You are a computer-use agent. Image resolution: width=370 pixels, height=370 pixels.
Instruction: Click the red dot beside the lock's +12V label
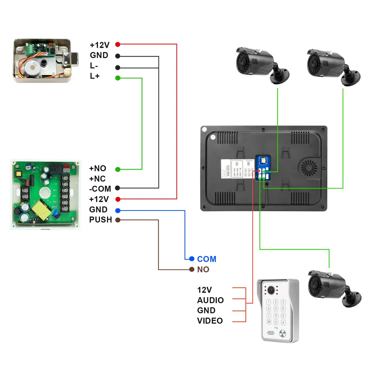click(118, 44)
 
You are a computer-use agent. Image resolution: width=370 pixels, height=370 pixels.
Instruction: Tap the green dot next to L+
click(118, 78)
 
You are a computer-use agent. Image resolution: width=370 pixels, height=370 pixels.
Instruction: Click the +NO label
click(98, 169)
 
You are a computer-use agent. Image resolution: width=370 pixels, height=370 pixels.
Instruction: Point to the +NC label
click(98, 179)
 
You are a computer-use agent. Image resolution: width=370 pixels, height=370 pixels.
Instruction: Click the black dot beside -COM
click(118, 188)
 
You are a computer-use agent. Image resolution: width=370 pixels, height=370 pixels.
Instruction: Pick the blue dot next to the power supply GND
click(118, 211)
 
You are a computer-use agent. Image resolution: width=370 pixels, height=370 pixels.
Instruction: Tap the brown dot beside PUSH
click(118, 220)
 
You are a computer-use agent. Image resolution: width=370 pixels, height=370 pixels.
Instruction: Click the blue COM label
click(206, 259)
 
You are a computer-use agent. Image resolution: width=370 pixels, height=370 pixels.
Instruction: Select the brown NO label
click(203, 269)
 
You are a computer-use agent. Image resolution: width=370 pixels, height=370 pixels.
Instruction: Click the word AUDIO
click(210, 300)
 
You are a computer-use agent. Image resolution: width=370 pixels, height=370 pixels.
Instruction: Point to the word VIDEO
click(210, 321)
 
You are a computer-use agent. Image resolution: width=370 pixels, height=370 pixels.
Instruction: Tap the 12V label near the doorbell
click(205, 289)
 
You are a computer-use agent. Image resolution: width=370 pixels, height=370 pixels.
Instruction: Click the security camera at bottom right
click(329, 287)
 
